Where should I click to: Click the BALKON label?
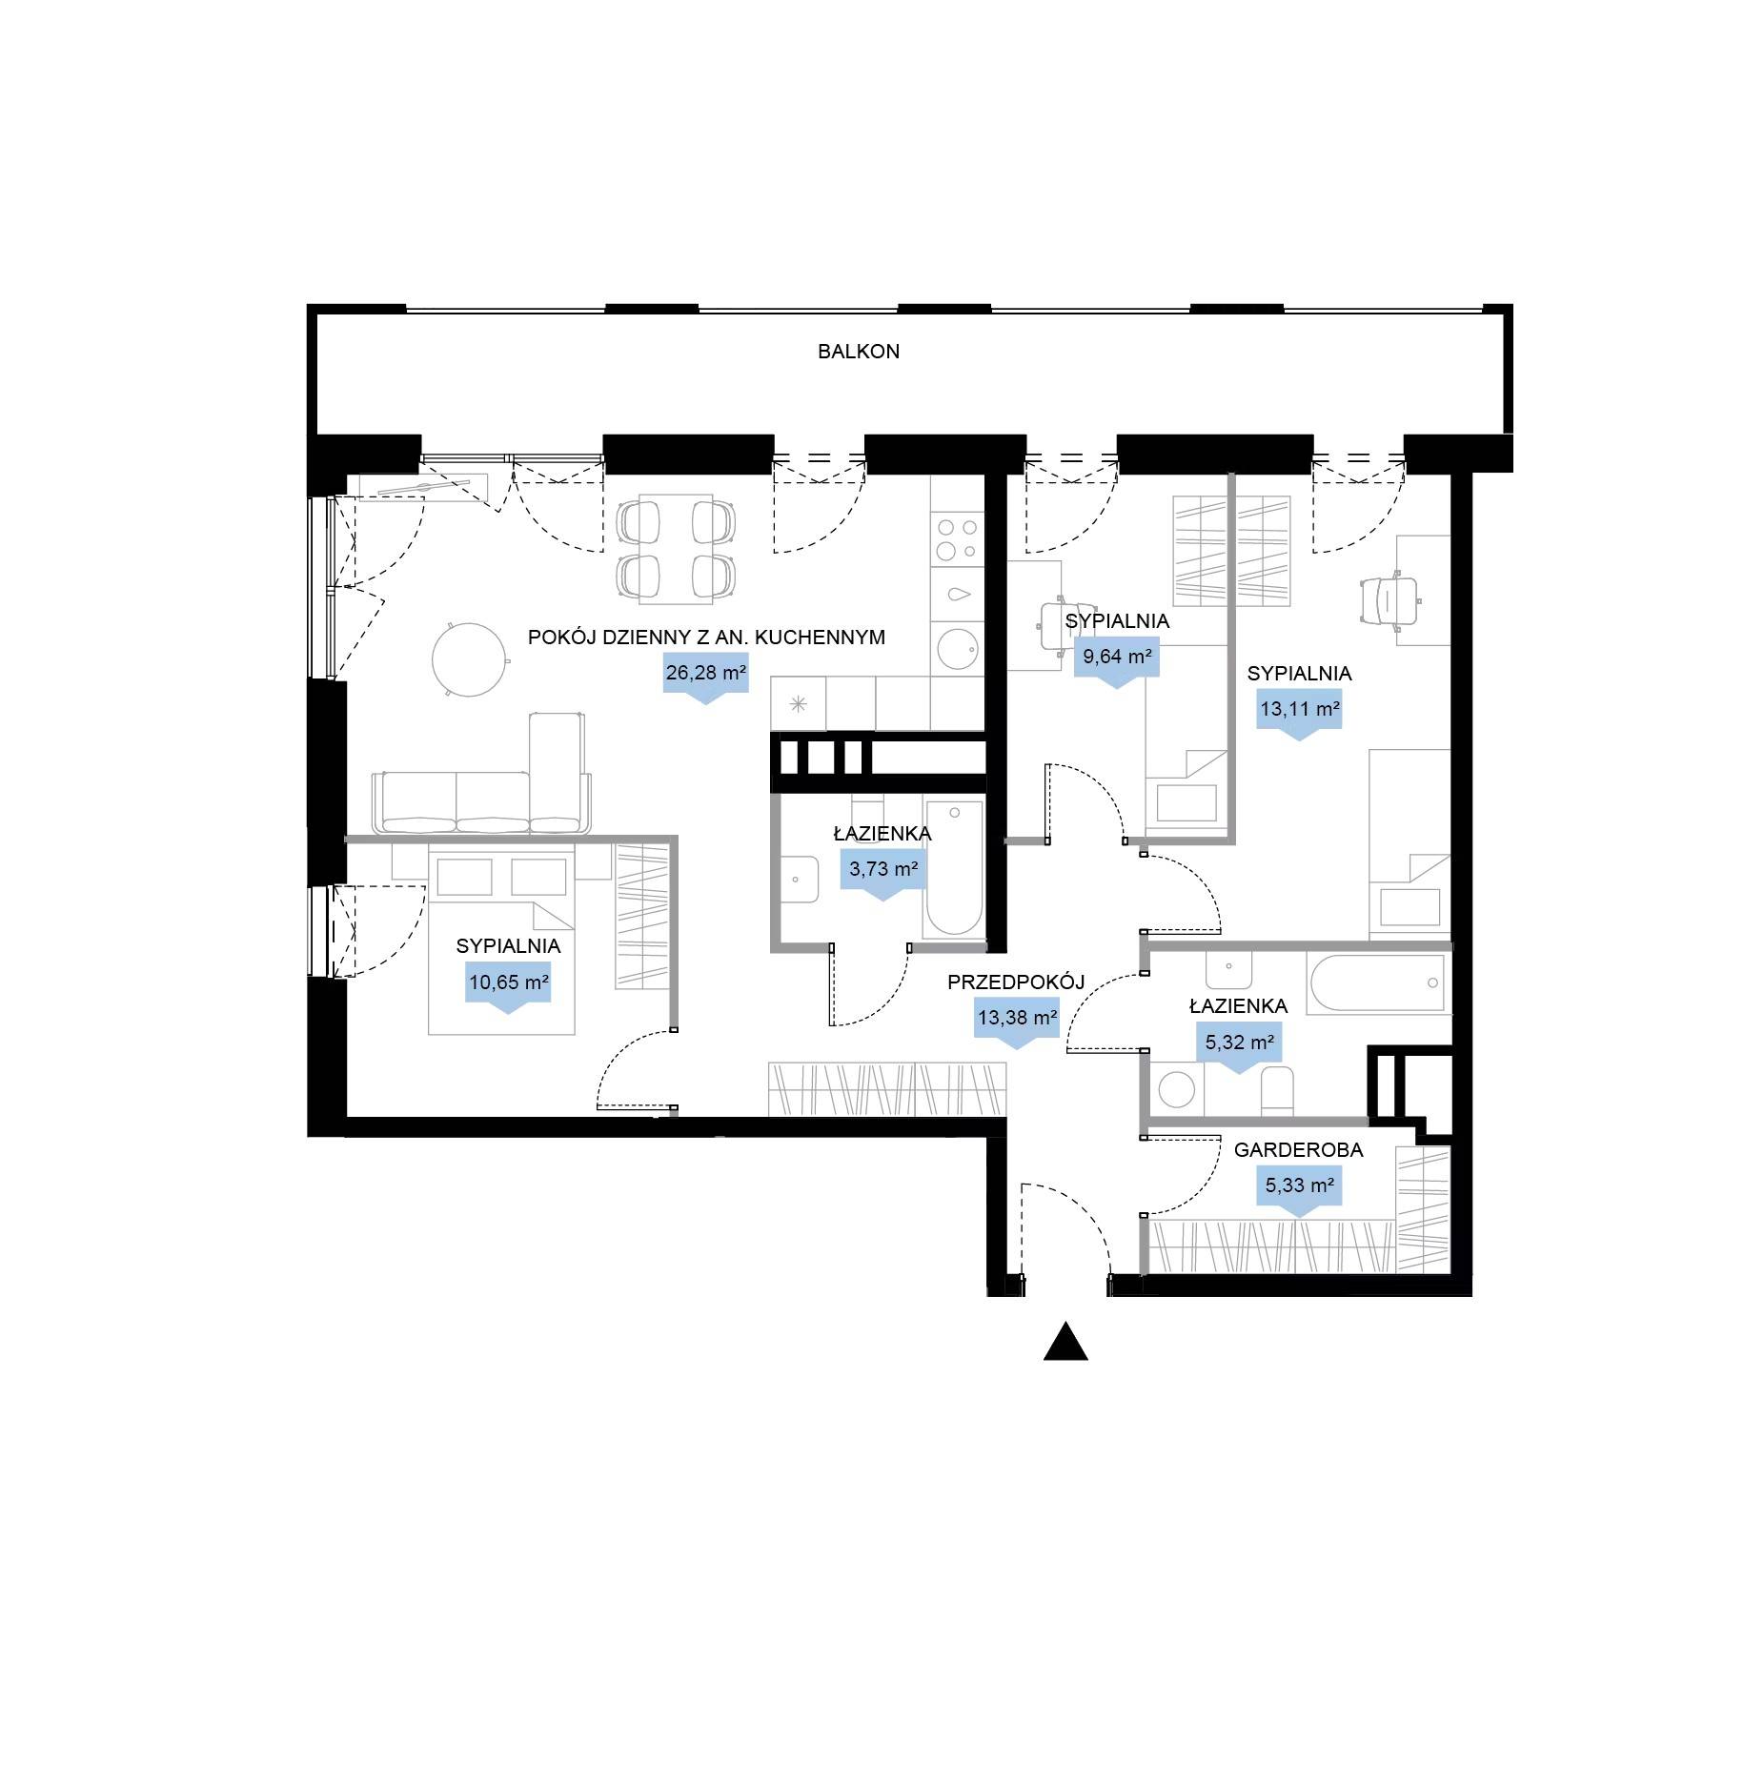point(858,352)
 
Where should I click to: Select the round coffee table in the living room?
point(468,658)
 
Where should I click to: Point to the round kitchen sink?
point(958,649)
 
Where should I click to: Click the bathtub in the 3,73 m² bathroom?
point(953,868)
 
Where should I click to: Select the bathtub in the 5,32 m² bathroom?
point(1378,982)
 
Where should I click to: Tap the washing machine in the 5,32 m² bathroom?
point(1176,1089)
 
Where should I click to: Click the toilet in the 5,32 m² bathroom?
point(1277,1091)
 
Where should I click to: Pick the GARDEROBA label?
point(1298,1150)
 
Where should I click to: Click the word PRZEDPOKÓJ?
point(1016,982)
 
